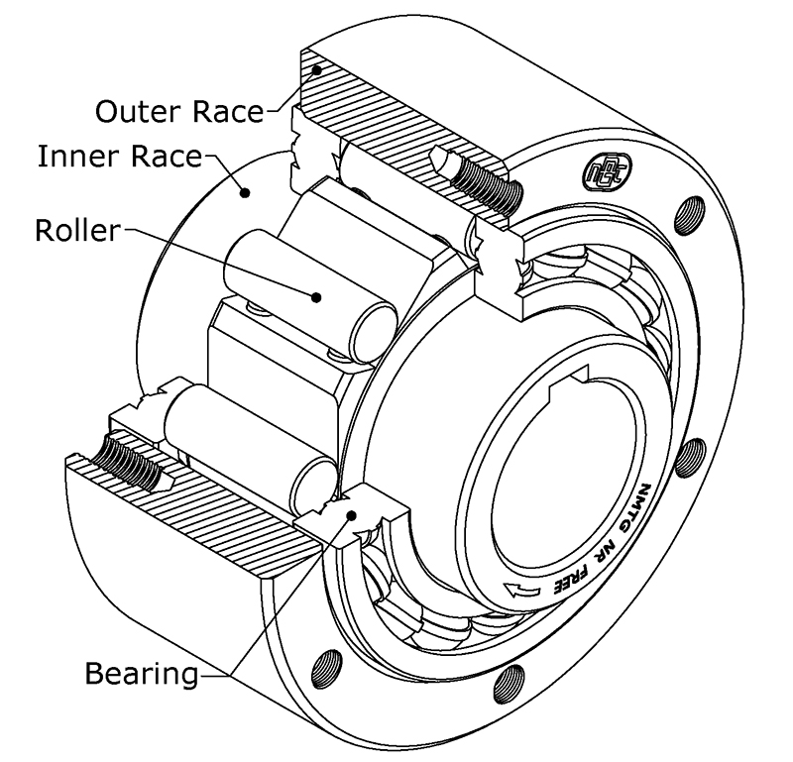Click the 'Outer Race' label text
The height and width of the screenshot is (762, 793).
pyautogui.click(x=179, y=110)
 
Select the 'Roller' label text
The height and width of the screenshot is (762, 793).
pyautogui.click(x=76, y=231)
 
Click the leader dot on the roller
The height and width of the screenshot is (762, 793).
pyautogui.click(x=317, y=295)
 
